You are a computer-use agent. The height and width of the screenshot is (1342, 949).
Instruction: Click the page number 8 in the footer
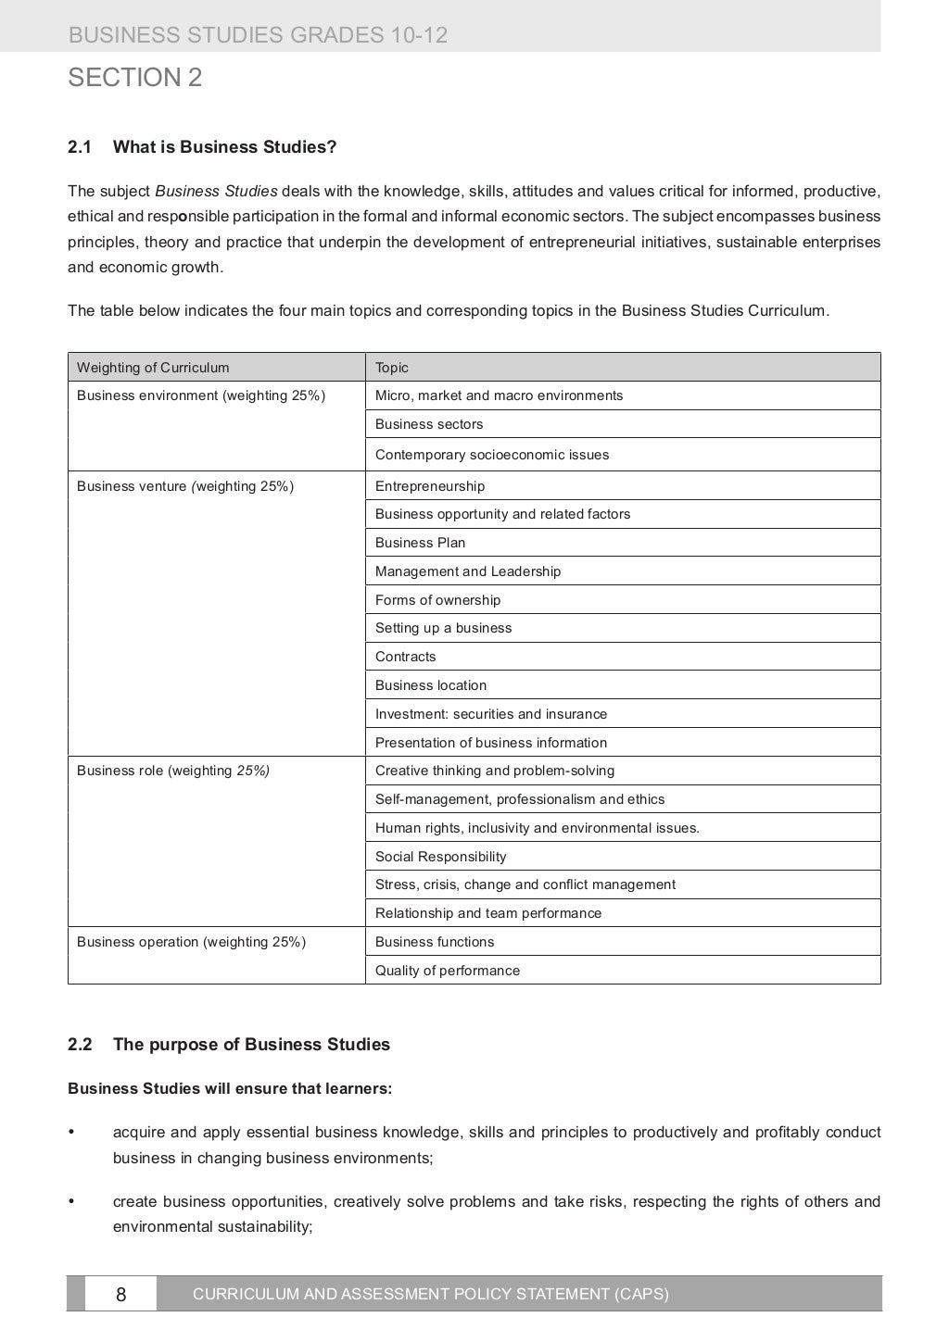pos(120,1294)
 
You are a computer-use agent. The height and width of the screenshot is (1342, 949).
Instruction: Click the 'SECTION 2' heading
pos(134,78)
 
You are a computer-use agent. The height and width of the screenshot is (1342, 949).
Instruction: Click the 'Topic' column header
pos(391,368)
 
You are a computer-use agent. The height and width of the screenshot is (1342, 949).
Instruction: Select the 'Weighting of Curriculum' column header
pos(153,368)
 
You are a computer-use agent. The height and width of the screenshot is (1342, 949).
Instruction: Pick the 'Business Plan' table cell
pos(420,543)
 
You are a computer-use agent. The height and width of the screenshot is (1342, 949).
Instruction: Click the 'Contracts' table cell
pos(405,657)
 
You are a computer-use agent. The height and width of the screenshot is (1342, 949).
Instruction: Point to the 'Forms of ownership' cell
pos(437,600)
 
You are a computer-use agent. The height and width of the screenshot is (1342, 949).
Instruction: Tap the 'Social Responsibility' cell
pos(440,857)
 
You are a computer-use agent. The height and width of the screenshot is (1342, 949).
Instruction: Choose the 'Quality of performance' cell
pos(448,971)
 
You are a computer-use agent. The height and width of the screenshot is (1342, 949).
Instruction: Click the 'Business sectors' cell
pos(429,424)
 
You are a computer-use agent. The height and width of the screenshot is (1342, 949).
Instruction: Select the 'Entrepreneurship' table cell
pos(430,486)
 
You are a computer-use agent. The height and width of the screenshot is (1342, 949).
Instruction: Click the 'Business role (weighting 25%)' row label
pos(173,771)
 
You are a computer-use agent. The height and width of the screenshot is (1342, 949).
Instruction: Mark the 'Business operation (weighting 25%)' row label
pos(191,942)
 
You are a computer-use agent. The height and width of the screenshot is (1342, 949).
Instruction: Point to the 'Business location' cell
pos(431,685)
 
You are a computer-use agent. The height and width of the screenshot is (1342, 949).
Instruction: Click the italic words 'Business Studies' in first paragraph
pos(216,192)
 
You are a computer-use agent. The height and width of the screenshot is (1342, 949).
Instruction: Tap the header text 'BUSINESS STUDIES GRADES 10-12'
pos(258,36)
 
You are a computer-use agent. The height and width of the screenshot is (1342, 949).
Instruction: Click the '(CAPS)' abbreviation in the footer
pos(641,1294)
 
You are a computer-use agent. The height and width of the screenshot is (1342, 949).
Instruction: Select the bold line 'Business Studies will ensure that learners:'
pos(230,1088)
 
